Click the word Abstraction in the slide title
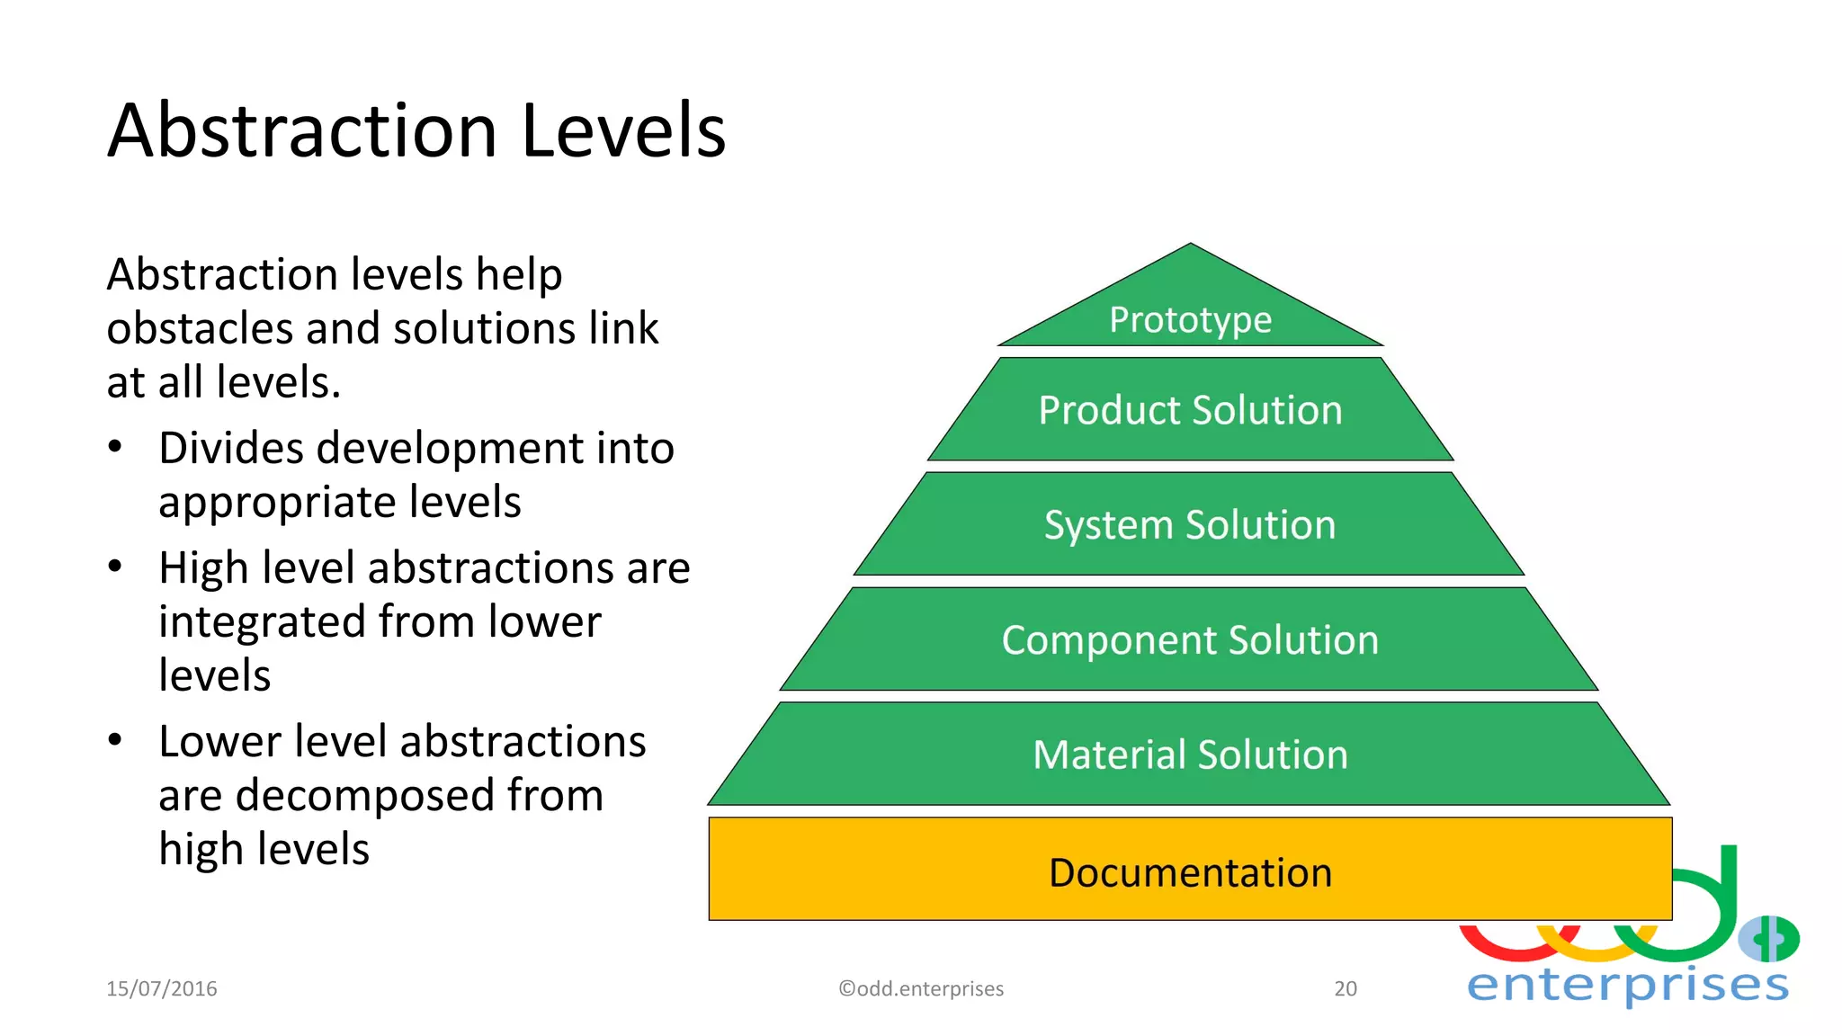pos(302,131)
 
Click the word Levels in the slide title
pos(622,131)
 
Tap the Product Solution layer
pos(1190,410)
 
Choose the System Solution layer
pos(1190,525)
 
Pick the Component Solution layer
pos(1190,640)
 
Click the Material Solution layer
pos(1190,755)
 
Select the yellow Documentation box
pos(1190,871)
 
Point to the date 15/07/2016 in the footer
pos(162,988)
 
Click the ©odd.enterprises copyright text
pos(921,988)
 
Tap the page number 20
pos(1345,988)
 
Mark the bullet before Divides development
pos(114,447)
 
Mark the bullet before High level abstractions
pos(114,567)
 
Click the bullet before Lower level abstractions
pos(114,740)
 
